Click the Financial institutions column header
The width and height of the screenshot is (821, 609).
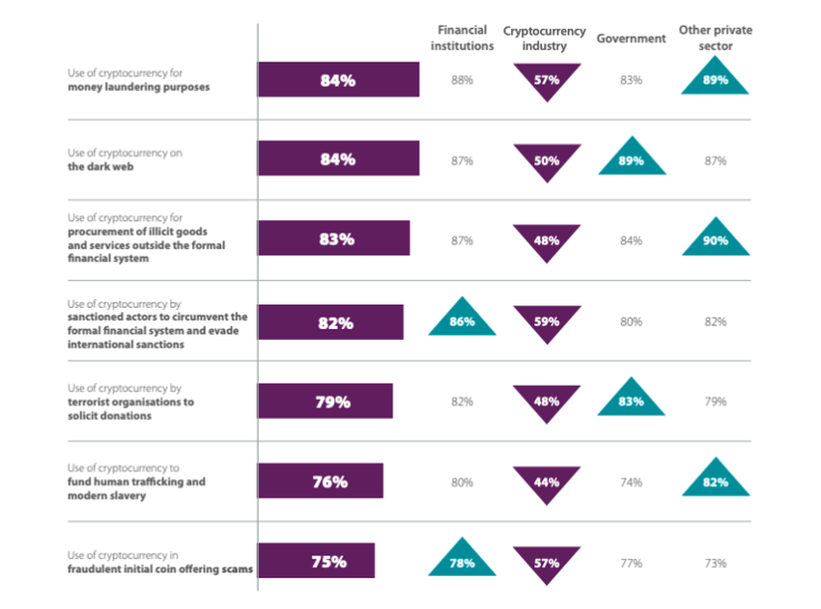click(462, 38)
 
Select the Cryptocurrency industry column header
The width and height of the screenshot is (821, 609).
click(547, 38)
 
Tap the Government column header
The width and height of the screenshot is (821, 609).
click(631, 39)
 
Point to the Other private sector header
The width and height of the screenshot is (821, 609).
click(716, 38)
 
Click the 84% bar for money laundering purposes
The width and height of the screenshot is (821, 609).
click(338, 80)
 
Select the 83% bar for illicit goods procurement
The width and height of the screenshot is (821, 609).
click(333, 240)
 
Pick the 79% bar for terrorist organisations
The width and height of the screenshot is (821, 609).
click(325, 401)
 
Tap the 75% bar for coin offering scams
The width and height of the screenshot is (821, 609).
click(316, 562)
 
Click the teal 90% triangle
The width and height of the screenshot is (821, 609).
click(716, 239)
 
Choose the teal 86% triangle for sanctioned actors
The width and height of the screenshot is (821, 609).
click(462, 319)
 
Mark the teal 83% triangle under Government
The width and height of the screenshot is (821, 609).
click(631, 400)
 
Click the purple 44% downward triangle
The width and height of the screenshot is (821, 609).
click(547, 481)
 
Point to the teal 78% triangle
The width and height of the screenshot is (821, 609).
click(462, 560)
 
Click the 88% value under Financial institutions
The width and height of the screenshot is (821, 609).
click(462, 80)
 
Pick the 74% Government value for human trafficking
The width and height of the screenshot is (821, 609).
click(631, 483)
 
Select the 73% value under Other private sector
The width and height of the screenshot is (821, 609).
click(716, 563)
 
